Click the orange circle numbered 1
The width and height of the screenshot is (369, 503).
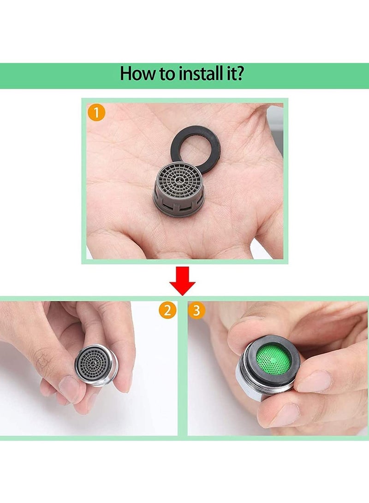(96, 113)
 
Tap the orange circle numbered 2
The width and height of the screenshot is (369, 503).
(167, 310)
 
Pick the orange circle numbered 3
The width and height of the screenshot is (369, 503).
(196, 310)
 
